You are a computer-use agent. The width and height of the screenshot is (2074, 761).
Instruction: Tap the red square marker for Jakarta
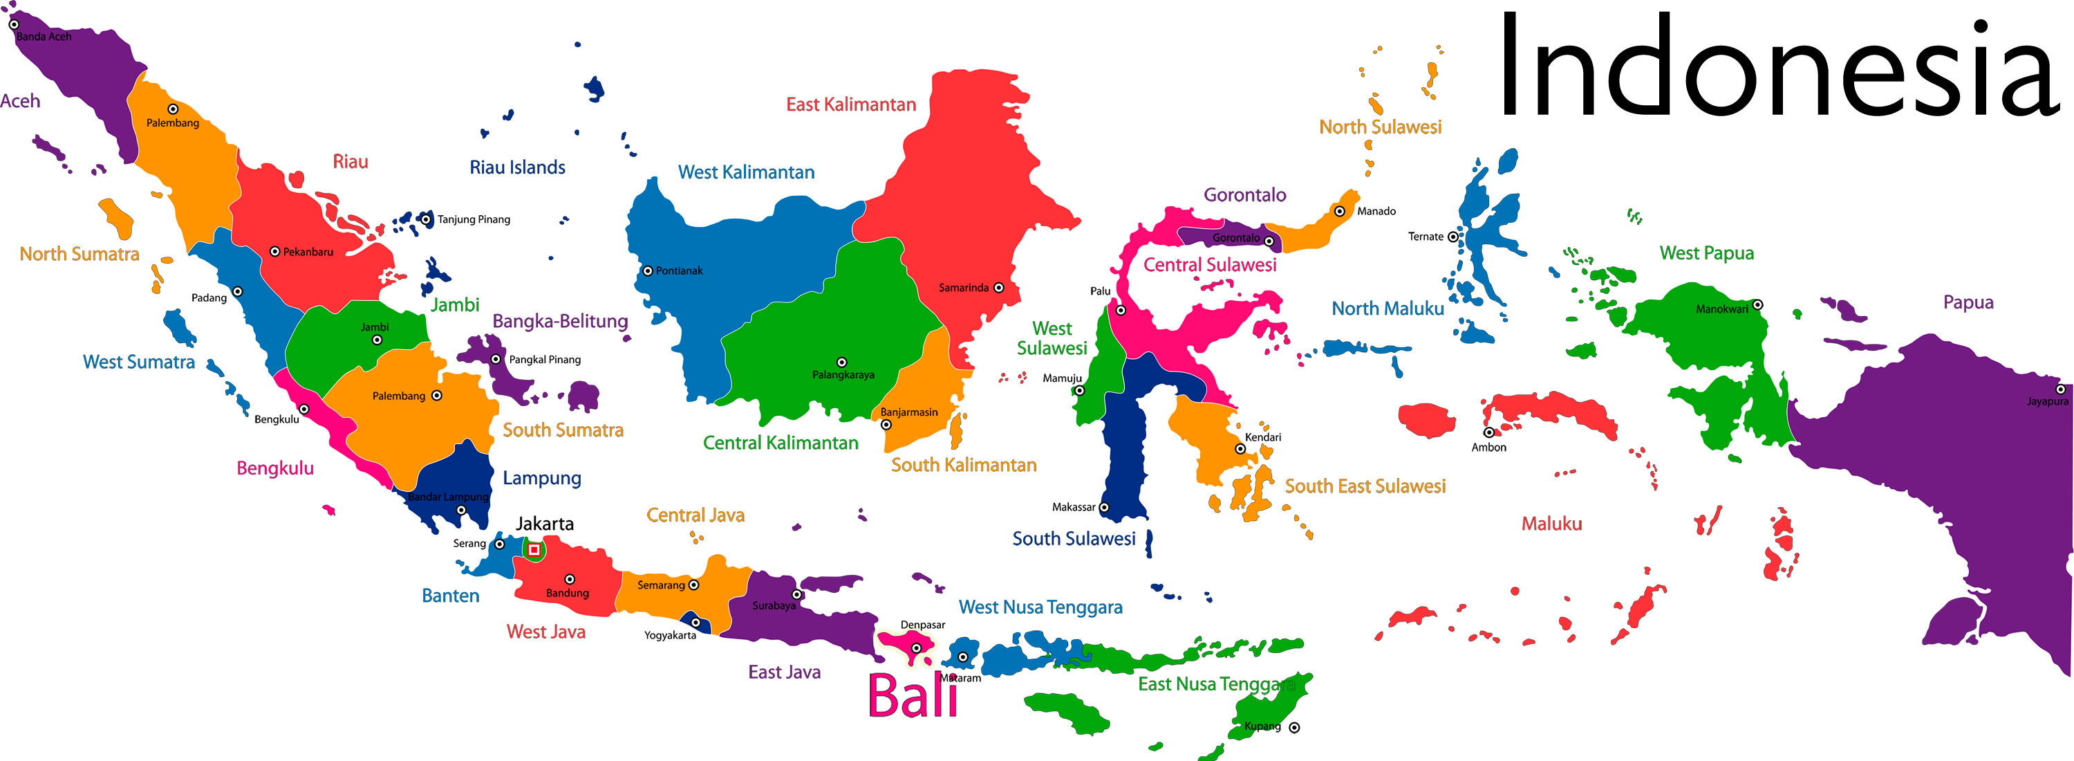[534, 549]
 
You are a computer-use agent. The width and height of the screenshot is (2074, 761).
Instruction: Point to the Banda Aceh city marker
[14, 24]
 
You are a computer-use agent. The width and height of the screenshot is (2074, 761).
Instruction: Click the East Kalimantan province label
[851, 104]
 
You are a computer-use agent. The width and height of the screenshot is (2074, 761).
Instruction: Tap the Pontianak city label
[679, 271]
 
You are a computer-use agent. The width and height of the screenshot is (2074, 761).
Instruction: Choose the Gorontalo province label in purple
[1244, 195]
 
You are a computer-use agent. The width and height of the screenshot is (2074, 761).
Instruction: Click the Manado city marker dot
[1340, 212]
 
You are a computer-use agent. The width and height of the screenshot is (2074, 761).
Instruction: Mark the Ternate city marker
[1453, 237]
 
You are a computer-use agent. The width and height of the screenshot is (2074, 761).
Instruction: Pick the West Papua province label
[1706, 253]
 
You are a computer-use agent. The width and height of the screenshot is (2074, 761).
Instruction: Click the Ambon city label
[1488, 448]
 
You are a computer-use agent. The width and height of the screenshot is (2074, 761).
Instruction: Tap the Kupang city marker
[1295, 727]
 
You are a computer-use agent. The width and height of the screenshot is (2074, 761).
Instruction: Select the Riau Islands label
[518, 167]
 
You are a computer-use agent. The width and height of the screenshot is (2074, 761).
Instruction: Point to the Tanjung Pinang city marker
[427, 219]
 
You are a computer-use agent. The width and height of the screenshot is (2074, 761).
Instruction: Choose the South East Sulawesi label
[1365, 486]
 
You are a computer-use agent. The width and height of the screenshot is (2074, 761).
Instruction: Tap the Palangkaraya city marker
[842, 363]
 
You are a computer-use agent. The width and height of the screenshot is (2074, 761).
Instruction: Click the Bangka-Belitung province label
[561, 321]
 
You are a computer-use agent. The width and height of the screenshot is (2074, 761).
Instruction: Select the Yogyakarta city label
[670, 635]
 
